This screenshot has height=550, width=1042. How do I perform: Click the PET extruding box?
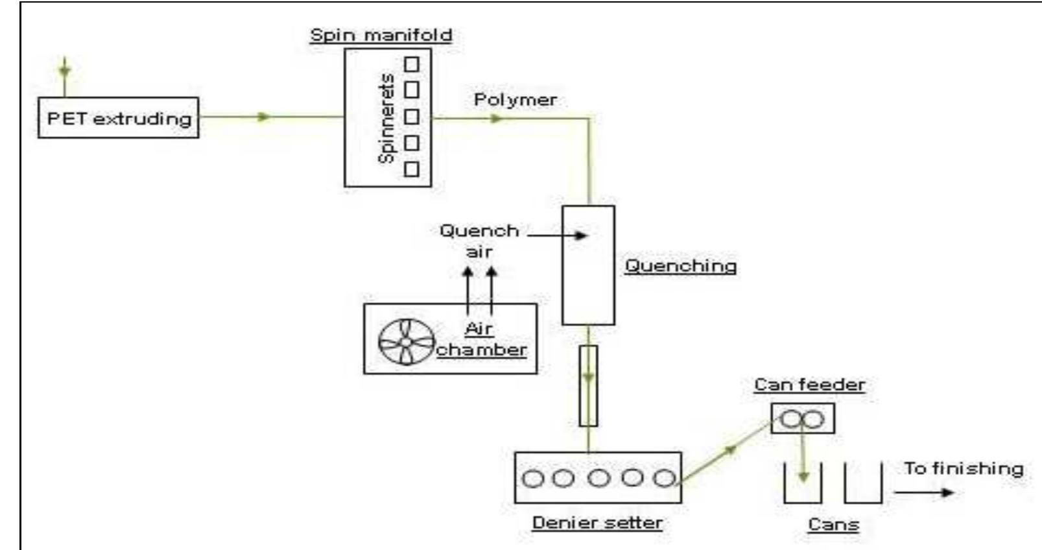click(x=118, y=118)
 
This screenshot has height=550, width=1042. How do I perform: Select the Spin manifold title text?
click(x=381, y=35)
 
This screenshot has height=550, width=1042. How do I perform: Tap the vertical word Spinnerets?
click(x=386, y=118)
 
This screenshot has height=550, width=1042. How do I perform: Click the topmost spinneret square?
click(x=412, y=64)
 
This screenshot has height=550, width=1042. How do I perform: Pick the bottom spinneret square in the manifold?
click(x=412, y=169)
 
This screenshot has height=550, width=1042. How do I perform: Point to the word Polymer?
click(x=515, y=100)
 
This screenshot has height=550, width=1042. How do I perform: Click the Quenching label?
click(x=680, y=266)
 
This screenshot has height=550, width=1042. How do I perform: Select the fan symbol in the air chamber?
click(x=406, y=342)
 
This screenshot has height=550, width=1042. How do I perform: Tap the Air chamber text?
click(x=480, y=339)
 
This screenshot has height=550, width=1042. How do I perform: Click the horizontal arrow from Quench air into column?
click(x=558, y=235)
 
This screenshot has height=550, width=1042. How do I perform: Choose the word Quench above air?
click(x=479, y=231)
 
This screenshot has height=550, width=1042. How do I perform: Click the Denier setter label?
click(x=597, y=523)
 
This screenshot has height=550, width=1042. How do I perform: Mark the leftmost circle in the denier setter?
click(x=533, y=479)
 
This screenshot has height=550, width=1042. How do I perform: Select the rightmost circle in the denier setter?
click(x=664, y=479)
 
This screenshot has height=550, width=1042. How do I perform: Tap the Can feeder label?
click(x=809, y=385)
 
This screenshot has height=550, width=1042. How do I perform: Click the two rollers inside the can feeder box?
click(x=802, y=420)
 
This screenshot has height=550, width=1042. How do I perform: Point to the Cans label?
click(x=833, y=525)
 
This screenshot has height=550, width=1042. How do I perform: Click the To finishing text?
click(x=964, y=468)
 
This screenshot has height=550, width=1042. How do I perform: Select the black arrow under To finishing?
click(x=924, y=492)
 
